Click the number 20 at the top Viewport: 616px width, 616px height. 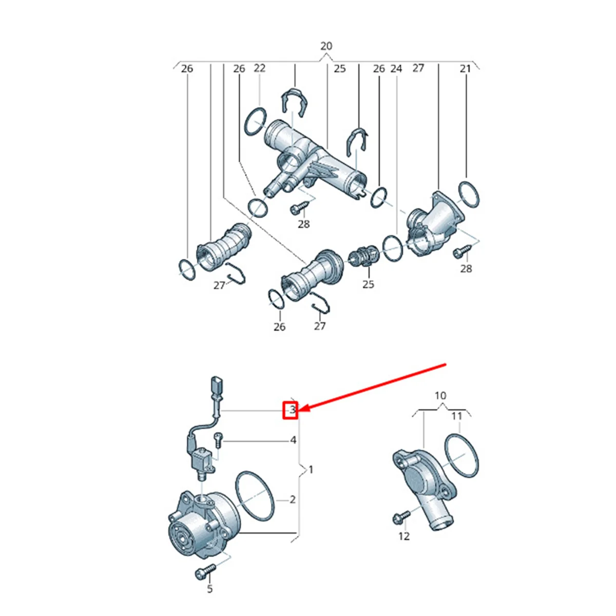click(326, 46)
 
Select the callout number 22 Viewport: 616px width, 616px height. click(260, 68)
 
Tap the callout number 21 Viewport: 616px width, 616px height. click(465, 68)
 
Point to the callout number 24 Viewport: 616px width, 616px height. click(396, 68)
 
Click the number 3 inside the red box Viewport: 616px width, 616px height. click(292, 410)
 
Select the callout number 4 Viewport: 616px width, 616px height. click(293, 440)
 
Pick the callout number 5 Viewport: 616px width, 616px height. click(210, 589)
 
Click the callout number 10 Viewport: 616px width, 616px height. click(440, 396)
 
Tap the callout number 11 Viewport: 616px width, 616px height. click(457, 416)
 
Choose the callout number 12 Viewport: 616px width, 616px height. click(404, 536)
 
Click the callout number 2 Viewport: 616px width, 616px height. click(293, 499)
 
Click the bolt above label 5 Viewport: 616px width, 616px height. click(205, 570)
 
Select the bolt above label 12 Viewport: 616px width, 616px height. click(402, 517)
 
